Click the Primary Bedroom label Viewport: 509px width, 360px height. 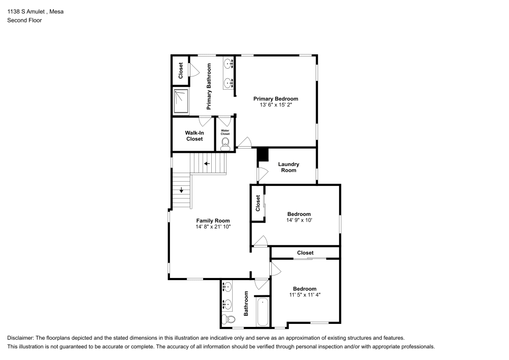point(276,99)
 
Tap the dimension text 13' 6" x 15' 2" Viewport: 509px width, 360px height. point(276,105)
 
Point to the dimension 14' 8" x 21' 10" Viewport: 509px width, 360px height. point(213,227)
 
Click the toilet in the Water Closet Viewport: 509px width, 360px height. point(225,144)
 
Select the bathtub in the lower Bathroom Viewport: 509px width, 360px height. point(263,312)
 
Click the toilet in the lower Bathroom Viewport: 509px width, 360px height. point(228,320)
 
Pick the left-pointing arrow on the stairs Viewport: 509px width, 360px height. point(207,164)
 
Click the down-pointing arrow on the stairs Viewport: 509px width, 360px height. point(181,191)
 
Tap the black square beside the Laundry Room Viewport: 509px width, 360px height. point(263,154)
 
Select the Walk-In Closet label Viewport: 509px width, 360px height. point(194,136)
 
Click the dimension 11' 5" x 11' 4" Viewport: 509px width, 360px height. point(304,295)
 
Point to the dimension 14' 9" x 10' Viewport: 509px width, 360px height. point(299,220)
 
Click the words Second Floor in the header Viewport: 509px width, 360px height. point(24,20)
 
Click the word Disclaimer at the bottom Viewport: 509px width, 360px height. point(21,338)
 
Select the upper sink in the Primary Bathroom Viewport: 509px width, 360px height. point(228,63)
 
